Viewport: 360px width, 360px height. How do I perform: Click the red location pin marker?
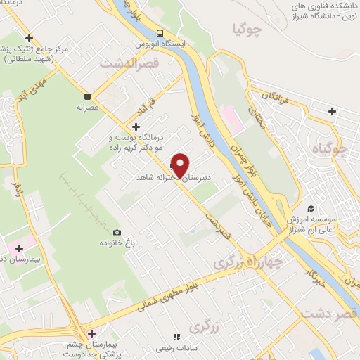tap(180, 165)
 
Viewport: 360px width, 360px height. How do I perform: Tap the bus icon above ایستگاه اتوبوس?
tap(160, 34)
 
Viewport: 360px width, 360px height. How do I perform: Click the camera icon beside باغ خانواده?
tap(117, 233)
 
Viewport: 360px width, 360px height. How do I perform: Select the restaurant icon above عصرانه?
tap(87, 96)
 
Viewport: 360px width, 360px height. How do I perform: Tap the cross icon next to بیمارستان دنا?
tap(19, 248)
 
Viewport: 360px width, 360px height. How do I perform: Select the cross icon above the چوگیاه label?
tap(332, 110)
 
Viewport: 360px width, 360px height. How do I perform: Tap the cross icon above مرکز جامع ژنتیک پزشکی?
tap(29, 38)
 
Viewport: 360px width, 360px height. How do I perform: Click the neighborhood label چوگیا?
tap(247, 29)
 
